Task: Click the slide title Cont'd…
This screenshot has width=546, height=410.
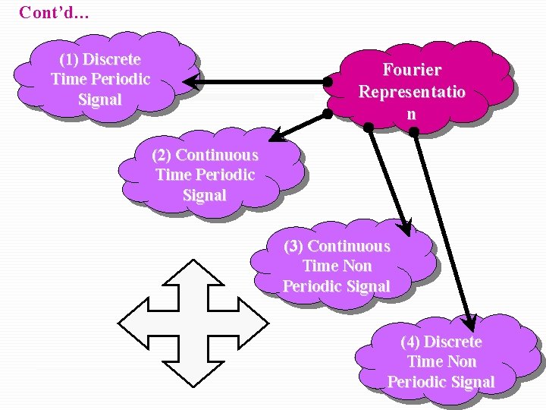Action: coord(54,12)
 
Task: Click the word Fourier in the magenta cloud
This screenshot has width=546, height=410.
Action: coord(412,70)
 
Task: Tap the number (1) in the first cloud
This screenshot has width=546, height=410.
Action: coord(69,59)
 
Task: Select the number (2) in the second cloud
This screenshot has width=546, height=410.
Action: coord(162,155)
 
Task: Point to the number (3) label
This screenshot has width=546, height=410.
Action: coord(294,246)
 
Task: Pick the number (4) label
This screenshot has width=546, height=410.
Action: coord(410,342)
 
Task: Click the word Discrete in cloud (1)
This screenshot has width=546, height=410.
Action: coord(111,59)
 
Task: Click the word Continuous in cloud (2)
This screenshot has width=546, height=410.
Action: coord(217,155)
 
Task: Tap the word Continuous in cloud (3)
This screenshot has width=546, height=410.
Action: coord(349,246)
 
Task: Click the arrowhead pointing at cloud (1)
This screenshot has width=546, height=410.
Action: coord(191,81)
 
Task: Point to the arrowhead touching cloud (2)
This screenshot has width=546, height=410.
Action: coord(275,137)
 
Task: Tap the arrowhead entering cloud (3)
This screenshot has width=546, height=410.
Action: coord(406,227)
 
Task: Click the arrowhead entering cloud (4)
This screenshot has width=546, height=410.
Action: coord(470,322)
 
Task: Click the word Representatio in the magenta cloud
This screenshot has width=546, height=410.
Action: coord(412,92)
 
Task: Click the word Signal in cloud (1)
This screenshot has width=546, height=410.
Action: coord(99,99)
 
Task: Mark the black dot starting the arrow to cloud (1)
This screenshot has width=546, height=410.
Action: coord(328,81)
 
